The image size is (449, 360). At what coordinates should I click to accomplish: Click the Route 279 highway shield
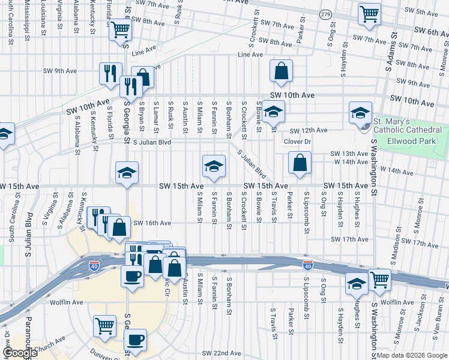(x=325, y=14)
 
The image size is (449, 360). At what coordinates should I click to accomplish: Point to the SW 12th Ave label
(x=309, y=130)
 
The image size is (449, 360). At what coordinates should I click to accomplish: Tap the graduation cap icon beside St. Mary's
(x=360, y=112)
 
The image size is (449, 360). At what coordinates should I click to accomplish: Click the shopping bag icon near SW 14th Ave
(x=299, y=162)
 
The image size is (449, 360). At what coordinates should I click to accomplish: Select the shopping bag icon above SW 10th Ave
(x=281, y=71)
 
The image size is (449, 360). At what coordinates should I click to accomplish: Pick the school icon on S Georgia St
(x=127, y=173)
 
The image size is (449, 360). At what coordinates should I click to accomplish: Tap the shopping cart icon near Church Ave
(x=104, y=326)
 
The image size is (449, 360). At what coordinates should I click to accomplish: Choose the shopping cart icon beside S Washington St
(x=379, y=279)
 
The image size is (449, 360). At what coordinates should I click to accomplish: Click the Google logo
(x=20, y=353)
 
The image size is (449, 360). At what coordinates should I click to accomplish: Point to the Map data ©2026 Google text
(x=412, y=355)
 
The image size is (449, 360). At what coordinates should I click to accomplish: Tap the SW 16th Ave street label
(x=152, y=223)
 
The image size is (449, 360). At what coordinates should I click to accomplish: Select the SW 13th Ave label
(x=348, y=154)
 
